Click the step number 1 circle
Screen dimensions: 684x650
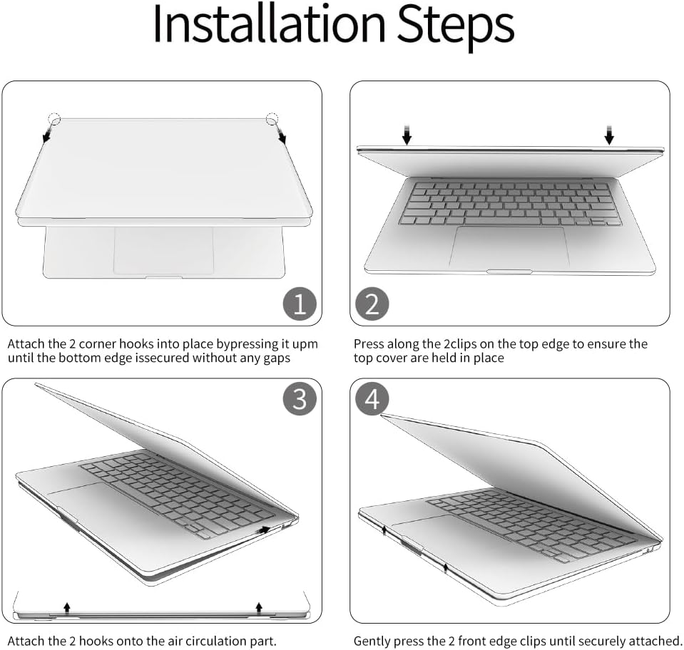click(300, 304)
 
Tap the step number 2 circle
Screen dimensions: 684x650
click(372, 304)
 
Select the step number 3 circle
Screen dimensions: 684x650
click(300, 399)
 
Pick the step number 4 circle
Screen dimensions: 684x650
click(372, 399)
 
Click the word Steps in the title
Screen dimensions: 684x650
click(456, 26)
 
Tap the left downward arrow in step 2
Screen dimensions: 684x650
click(407, 135)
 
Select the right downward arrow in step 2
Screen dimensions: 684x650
click(609, 135)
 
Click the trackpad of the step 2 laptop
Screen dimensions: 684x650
click(509, 247)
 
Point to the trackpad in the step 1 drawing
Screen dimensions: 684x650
click(164, 250)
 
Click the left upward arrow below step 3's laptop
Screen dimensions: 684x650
click(67, 608)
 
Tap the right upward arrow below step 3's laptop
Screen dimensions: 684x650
click(259, 608)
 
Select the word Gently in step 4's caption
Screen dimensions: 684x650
click(372, 641)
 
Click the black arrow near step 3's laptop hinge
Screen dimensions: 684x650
click(263, 530)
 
